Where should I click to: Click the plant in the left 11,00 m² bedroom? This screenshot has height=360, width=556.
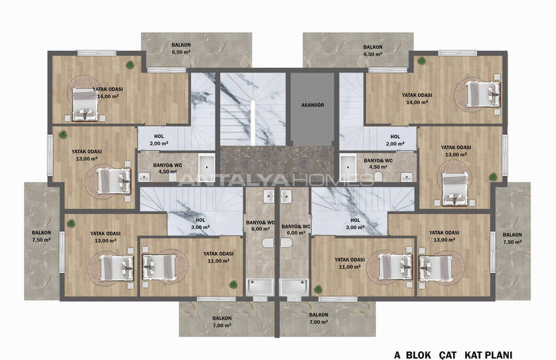click(232, 283)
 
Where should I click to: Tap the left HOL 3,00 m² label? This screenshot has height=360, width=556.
click(201, 224)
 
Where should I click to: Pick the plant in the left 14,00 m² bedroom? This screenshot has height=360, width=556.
click(131, 64)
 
